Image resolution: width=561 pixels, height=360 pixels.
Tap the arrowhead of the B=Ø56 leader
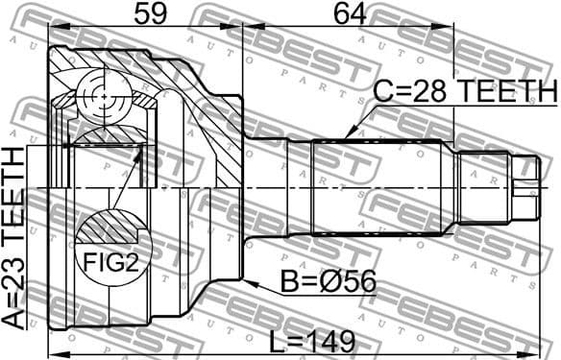click(x=247, y=282)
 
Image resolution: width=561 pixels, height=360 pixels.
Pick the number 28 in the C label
click(x=431, y=92)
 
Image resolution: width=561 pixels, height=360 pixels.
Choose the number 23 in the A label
click(x=16, y=287)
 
